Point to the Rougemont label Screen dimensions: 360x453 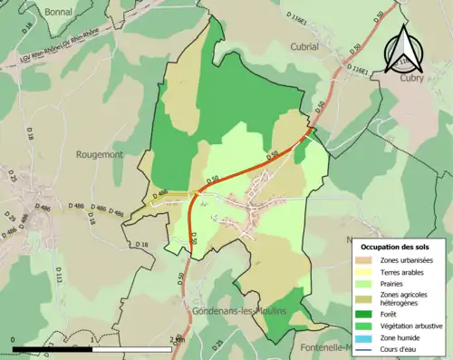point(99,155)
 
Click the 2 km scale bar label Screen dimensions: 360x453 point(175,339)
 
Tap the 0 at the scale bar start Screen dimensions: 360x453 point(13,339)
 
